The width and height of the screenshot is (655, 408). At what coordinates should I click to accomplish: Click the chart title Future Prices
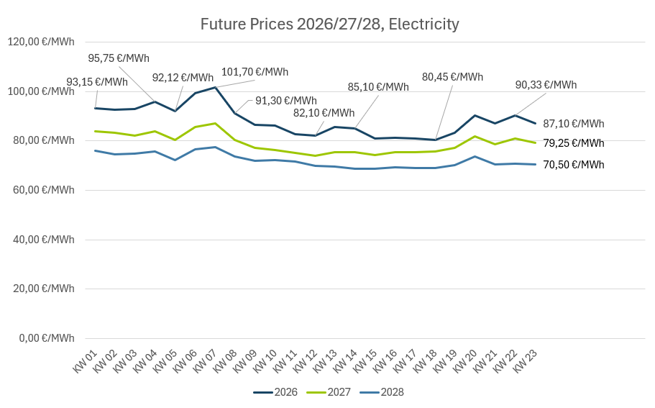329,24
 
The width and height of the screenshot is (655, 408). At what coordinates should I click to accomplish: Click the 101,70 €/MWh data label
255,72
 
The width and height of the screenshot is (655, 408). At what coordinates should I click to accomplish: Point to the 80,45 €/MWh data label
452,77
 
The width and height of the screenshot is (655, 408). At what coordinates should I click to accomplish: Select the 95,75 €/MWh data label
119,58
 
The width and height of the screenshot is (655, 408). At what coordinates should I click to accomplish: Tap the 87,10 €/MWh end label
574,124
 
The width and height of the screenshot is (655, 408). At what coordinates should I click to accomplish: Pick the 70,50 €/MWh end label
574,165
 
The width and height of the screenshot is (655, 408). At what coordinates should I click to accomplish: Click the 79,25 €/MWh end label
574,143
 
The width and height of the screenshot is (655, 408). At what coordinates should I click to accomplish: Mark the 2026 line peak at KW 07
215,88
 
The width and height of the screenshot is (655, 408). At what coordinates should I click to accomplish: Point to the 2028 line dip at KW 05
175,160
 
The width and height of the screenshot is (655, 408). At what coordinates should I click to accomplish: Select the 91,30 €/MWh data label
286,101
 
